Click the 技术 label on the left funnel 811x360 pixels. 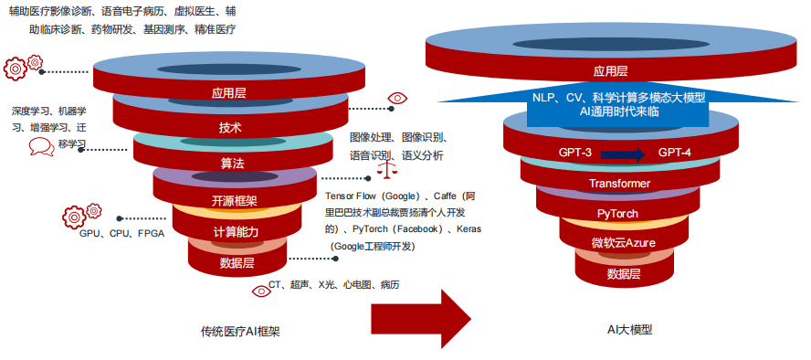(230, 128)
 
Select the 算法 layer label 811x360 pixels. (232, 164)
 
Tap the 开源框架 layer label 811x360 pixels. (235, 201)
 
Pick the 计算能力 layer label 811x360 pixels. (236, 232)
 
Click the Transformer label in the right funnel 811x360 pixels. (619, 185)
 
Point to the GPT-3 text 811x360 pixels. (575, 154)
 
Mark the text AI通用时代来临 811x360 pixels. (618, 111)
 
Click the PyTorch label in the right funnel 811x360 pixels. (618, 214)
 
